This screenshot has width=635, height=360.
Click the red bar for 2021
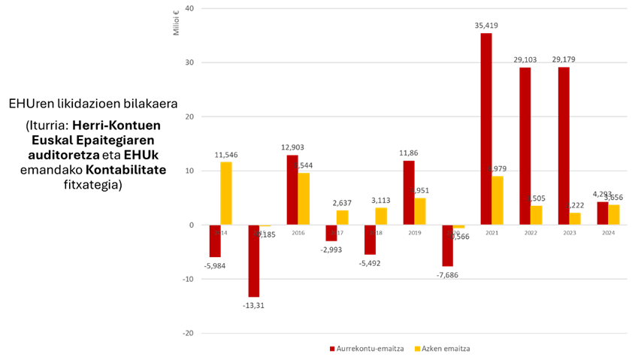[486, 129]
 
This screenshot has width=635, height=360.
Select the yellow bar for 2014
[226, 193]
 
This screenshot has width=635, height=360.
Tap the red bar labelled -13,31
[254, 261]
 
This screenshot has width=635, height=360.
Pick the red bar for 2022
[525, 146]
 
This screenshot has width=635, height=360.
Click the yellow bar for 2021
[497, 200]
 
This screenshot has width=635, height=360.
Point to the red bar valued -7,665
[448, 246]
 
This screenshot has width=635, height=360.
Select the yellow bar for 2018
[381, 216]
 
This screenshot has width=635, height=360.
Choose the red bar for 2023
[564, 146]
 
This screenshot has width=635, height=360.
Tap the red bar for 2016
[292, 189]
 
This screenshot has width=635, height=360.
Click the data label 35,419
[486, 26]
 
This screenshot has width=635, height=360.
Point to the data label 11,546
[226, 155]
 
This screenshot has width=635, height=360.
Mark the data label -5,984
[215, 265]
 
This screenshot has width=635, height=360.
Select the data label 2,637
[342, 203]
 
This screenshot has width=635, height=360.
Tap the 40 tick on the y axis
[189, 9]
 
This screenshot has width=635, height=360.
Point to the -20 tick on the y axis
[187, 333]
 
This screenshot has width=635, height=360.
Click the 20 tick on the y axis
[189, 117]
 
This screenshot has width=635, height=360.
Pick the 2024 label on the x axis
[608, 233]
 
